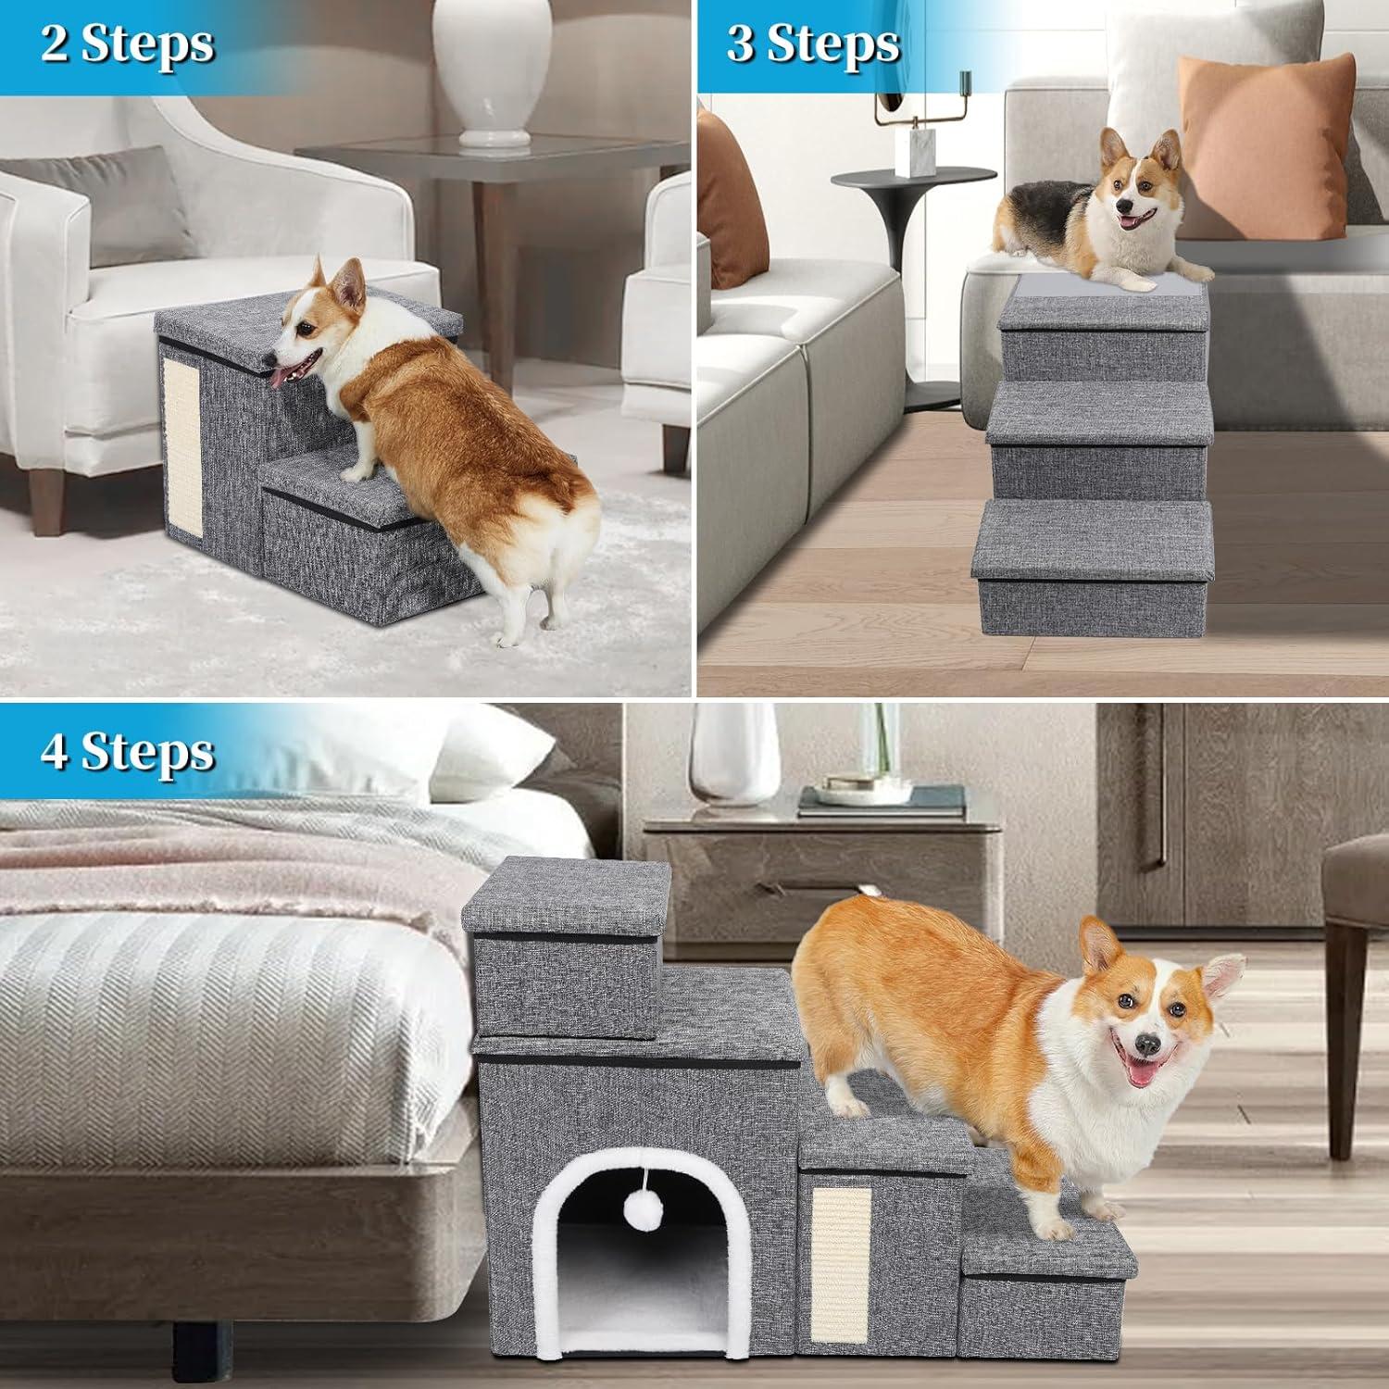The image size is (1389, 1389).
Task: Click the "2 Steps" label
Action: click(x=127, y=44)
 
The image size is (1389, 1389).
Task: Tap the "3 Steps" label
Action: click(x=812, y=44)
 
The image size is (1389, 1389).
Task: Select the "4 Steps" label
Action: click(x=127, y=751)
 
